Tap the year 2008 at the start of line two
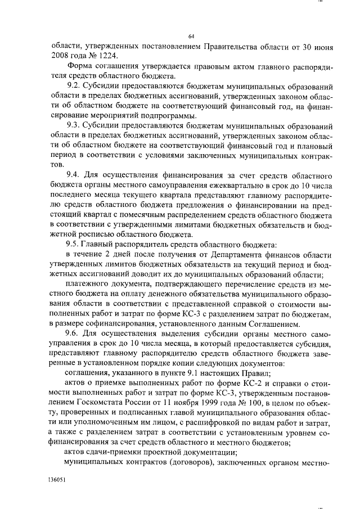coord(61,57)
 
